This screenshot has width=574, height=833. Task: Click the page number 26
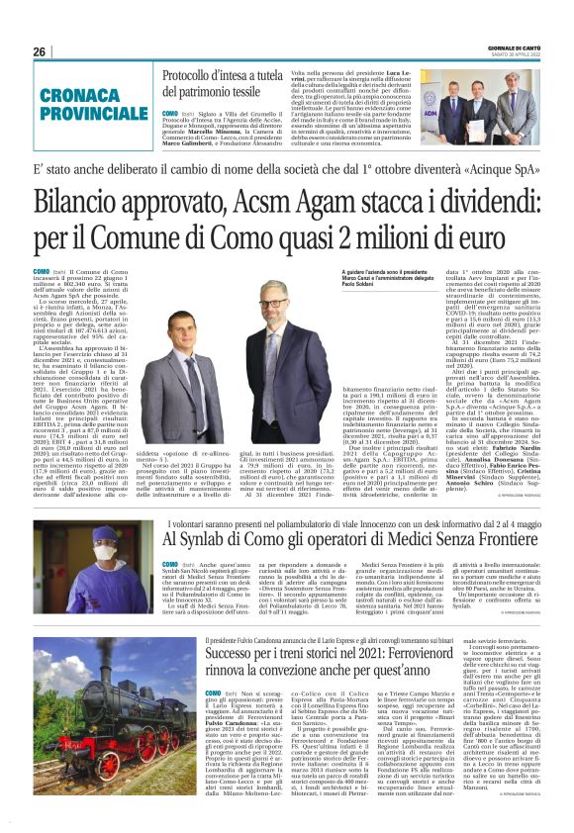[40, 51]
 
